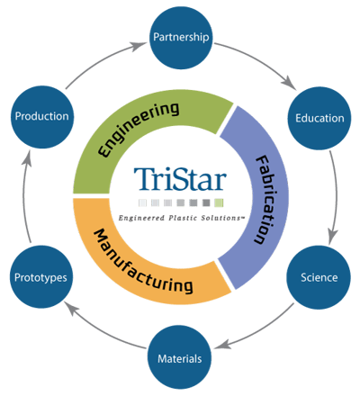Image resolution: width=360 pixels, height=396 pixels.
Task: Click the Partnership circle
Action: click(181, 39)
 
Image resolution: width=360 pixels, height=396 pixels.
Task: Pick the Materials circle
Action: click(181, 359)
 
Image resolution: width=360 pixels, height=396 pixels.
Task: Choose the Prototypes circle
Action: click(41, 276)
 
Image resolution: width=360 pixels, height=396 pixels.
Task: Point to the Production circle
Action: click(41, 118)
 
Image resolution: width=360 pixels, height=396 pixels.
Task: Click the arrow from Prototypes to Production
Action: click(27, 198)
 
